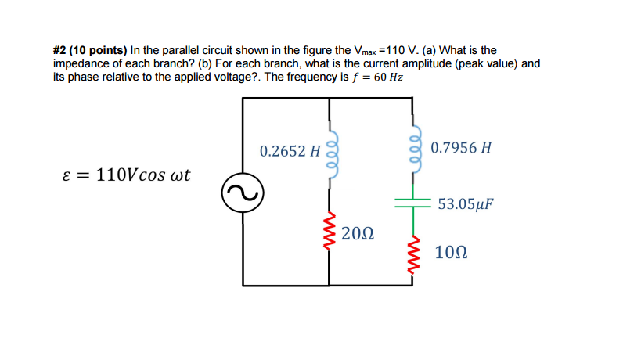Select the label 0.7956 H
click(x=461, y=147)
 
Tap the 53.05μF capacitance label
click(x=466, y=205)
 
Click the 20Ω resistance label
click(x=358, y=234)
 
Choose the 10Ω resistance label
click(x=451, y=253)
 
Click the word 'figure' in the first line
click(x=313, y=49)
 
